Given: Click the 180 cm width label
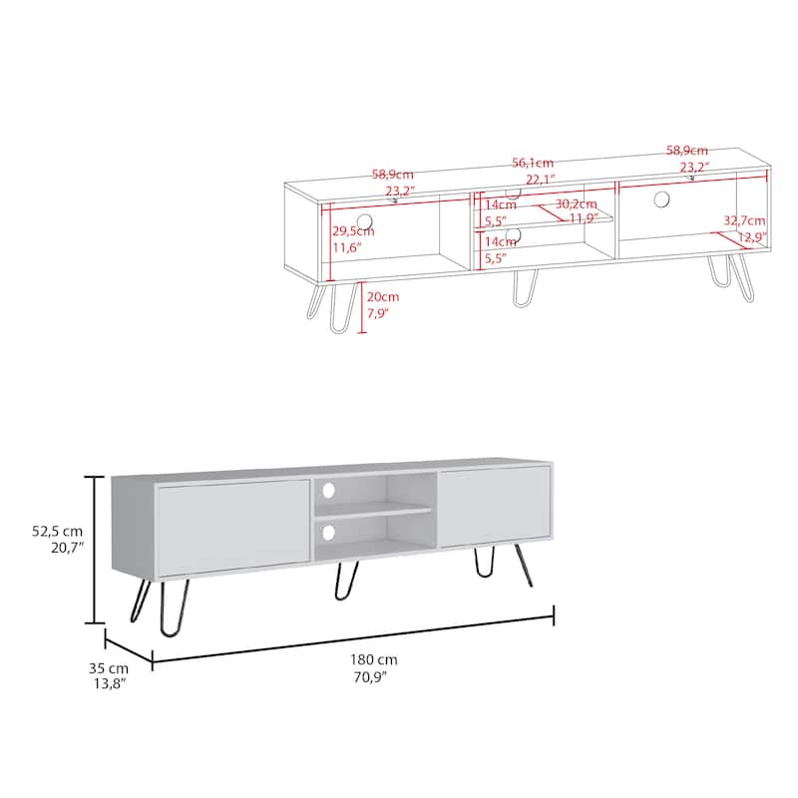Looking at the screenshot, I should (x=374, y=659).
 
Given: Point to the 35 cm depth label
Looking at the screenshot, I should (x=108, y=667).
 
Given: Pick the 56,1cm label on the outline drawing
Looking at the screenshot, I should (x=534, y=163).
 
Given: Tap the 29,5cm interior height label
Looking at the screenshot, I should (x=353, y=230).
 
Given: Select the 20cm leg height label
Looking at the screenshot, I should (x=382, y=296).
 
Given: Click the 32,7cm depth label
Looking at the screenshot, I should (x=744, y=220).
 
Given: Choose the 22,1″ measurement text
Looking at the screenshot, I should (x=540, y=179).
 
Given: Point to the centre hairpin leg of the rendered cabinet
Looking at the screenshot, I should (x=346, y=582).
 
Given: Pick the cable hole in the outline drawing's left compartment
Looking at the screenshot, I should (x=364, y=220).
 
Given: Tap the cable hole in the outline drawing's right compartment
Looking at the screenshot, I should (x=661, y=199).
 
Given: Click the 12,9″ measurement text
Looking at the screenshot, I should (x=751, y=236).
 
